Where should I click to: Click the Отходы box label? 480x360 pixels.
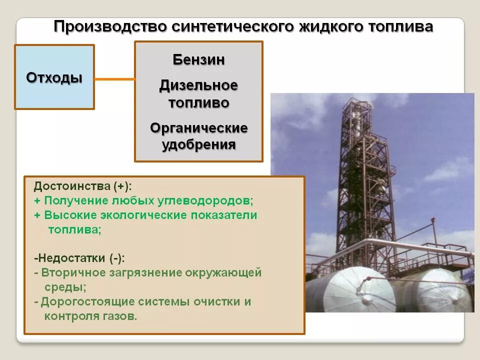tap(54, 78)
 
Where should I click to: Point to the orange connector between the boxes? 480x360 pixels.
tap(114, 79)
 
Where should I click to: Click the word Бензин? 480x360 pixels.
tap(198, 60)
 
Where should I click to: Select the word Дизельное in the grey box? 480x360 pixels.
tap(198, 85)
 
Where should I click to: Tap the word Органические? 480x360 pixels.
tap(198, 128)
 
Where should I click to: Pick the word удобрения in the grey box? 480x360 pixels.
tap(198, 145)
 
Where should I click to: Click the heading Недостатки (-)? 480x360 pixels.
tap(80, 258)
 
